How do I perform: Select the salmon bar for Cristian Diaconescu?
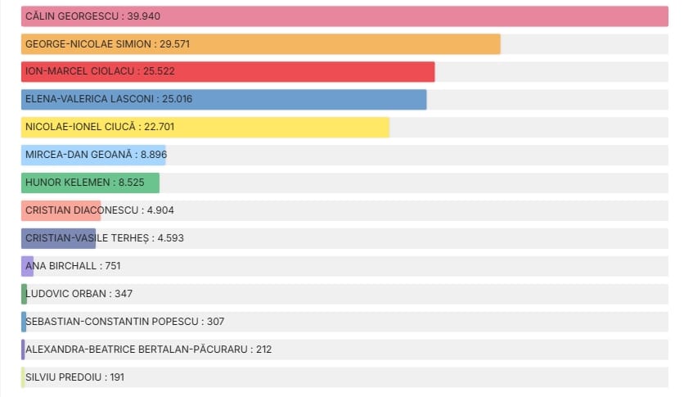(x=61, y=210)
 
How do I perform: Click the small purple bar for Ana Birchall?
(x=28, y=266)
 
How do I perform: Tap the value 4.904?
(x=160, y=210)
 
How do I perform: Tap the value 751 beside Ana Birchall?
(x=113, y=266)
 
